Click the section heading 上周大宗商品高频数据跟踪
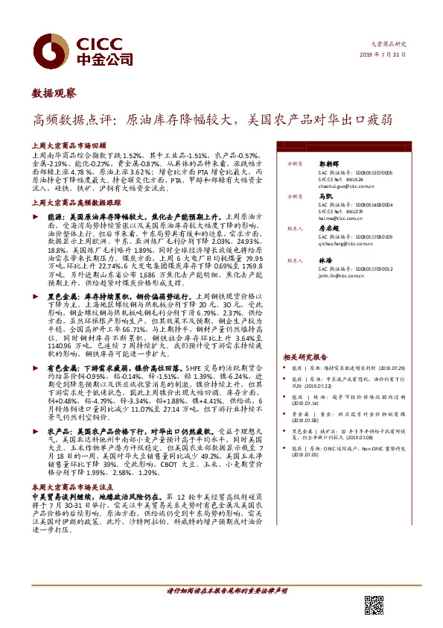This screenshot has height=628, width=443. coord(77,202)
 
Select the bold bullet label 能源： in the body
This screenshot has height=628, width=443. coord(58,214)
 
